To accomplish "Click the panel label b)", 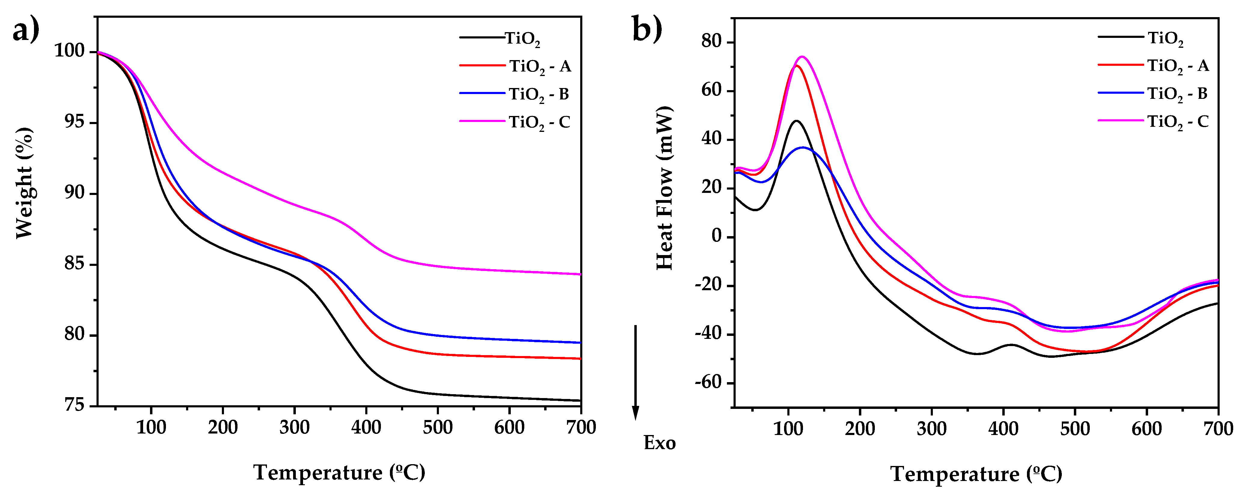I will pos(647,29).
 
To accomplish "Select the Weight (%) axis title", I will pos(24,183).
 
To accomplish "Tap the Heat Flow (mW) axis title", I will pos(664,188).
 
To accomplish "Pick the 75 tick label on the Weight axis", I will pos(74,405).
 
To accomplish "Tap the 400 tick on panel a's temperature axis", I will pos(366,427).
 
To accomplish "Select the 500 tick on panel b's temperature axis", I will pos(1075,428).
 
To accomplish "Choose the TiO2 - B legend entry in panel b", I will pos(1177,94).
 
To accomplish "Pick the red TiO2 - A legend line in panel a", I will pos(482,65).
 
